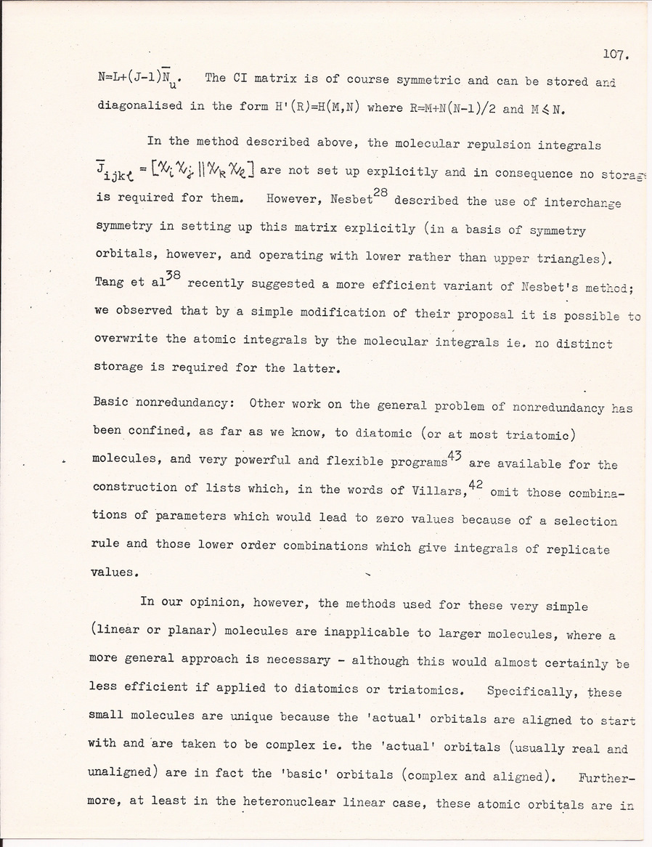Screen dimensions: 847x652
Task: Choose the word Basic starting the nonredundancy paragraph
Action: (x=112, y=404)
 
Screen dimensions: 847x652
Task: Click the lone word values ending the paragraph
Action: (x=115, y=571)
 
